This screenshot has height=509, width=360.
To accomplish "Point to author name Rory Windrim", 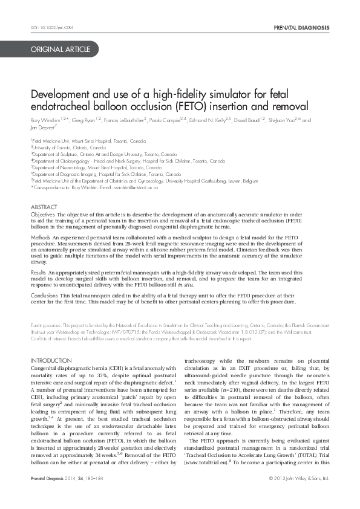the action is click(x=47, y=121).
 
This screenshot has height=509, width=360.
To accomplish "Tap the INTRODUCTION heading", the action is click(x=51, y=361).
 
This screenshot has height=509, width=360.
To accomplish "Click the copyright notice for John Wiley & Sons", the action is click(x=299, y=495).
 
